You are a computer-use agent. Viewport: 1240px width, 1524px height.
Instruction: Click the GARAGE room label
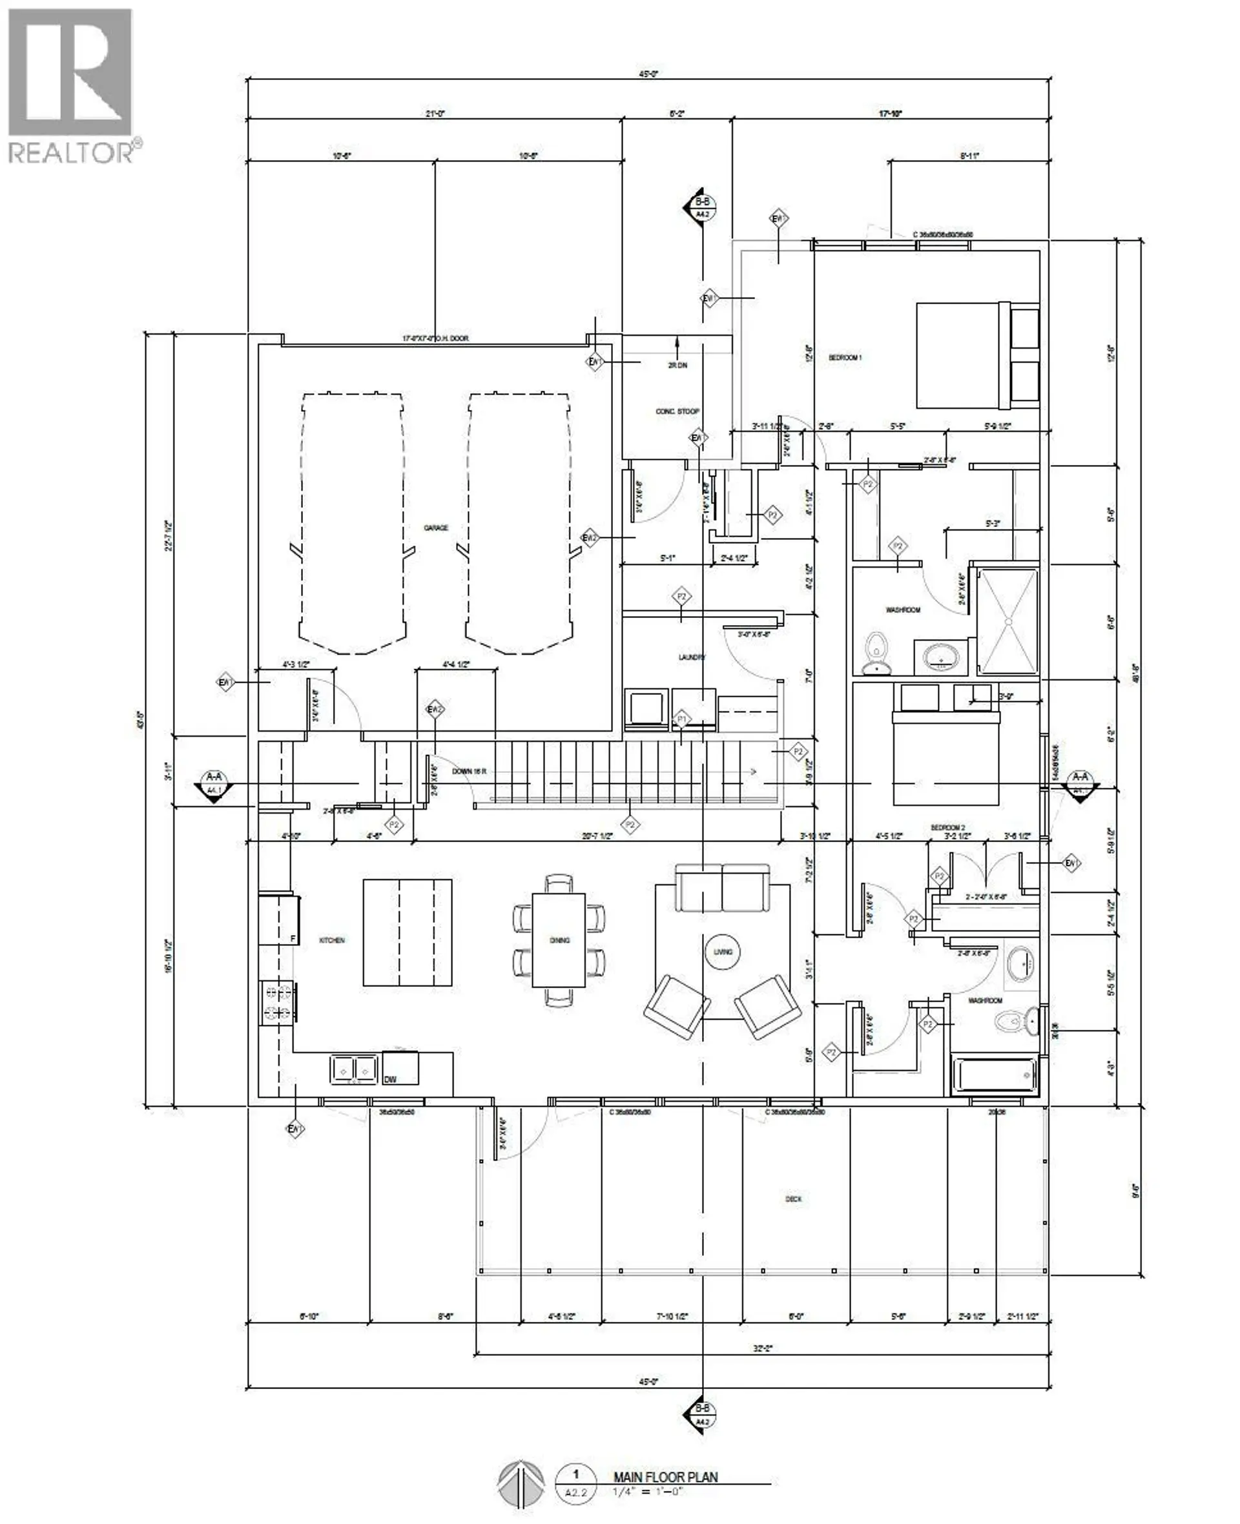click(436, 528)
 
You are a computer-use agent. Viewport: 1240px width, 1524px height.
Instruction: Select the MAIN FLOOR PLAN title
click(665, 1477)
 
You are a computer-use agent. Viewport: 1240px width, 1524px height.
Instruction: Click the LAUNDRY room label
click(692, 657)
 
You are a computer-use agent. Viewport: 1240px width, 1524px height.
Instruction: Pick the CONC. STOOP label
click(677, 411)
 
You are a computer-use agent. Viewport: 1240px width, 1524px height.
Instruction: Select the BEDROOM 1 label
click(845, 357)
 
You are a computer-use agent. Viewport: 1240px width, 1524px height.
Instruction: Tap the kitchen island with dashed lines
click(407, 932)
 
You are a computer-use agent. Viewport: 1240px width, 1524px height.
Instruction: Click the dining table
click(559, 940)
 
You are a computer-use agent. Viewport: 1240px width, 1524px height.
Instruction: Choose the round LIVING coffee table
click(723, 951)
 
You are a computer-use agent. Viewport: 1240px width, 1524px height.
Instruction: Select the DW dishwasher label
click(390, 1080)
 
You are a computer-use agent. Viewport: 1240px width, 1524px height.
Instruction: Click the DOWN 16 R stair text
click(470, 771)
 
